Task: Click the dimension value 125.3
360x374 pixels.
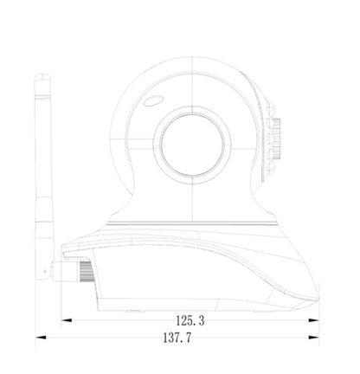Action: (x=190, y=320)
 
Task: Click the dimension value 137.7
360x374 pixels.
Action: (x=177, y=338)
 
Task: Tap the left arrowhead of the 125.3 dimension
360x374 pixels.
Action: (x=67, y=320)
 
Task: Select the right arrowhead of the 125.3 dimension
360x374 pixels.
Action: (x=314, y=320)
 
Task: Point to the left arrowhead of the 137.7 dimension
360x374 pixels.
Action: (x=41, y=338)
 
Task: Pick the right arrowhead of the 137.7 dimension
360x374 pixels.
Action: (x=314, y=338)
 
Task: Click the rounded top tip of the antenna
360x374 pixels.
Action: (x=42, y=74)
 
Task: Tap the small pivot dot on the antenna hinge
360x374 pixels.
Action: (x=44, y=271)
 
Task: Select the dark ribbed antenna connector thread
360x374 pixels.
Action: (x=87, y=271)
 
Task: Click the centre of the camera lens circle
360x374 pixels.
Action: (x=192, y=145)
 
